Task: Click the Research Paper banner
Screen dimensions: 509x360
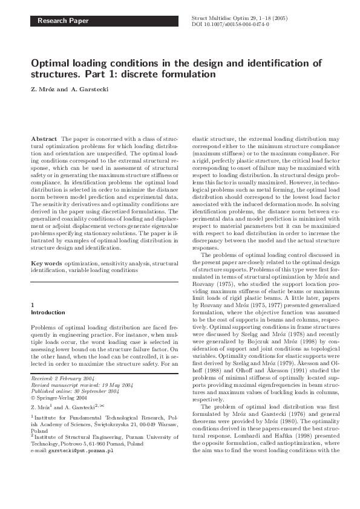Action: [63, 21]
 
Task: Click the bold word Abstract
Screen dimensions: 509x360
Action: [44, 138]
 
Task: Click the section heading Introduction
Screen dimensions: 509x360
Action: [47, 313]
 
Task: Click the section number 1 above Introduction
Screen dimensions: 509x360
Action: [33, 305]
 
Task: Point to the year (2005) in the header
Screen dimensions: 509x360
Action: [278, 19]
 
